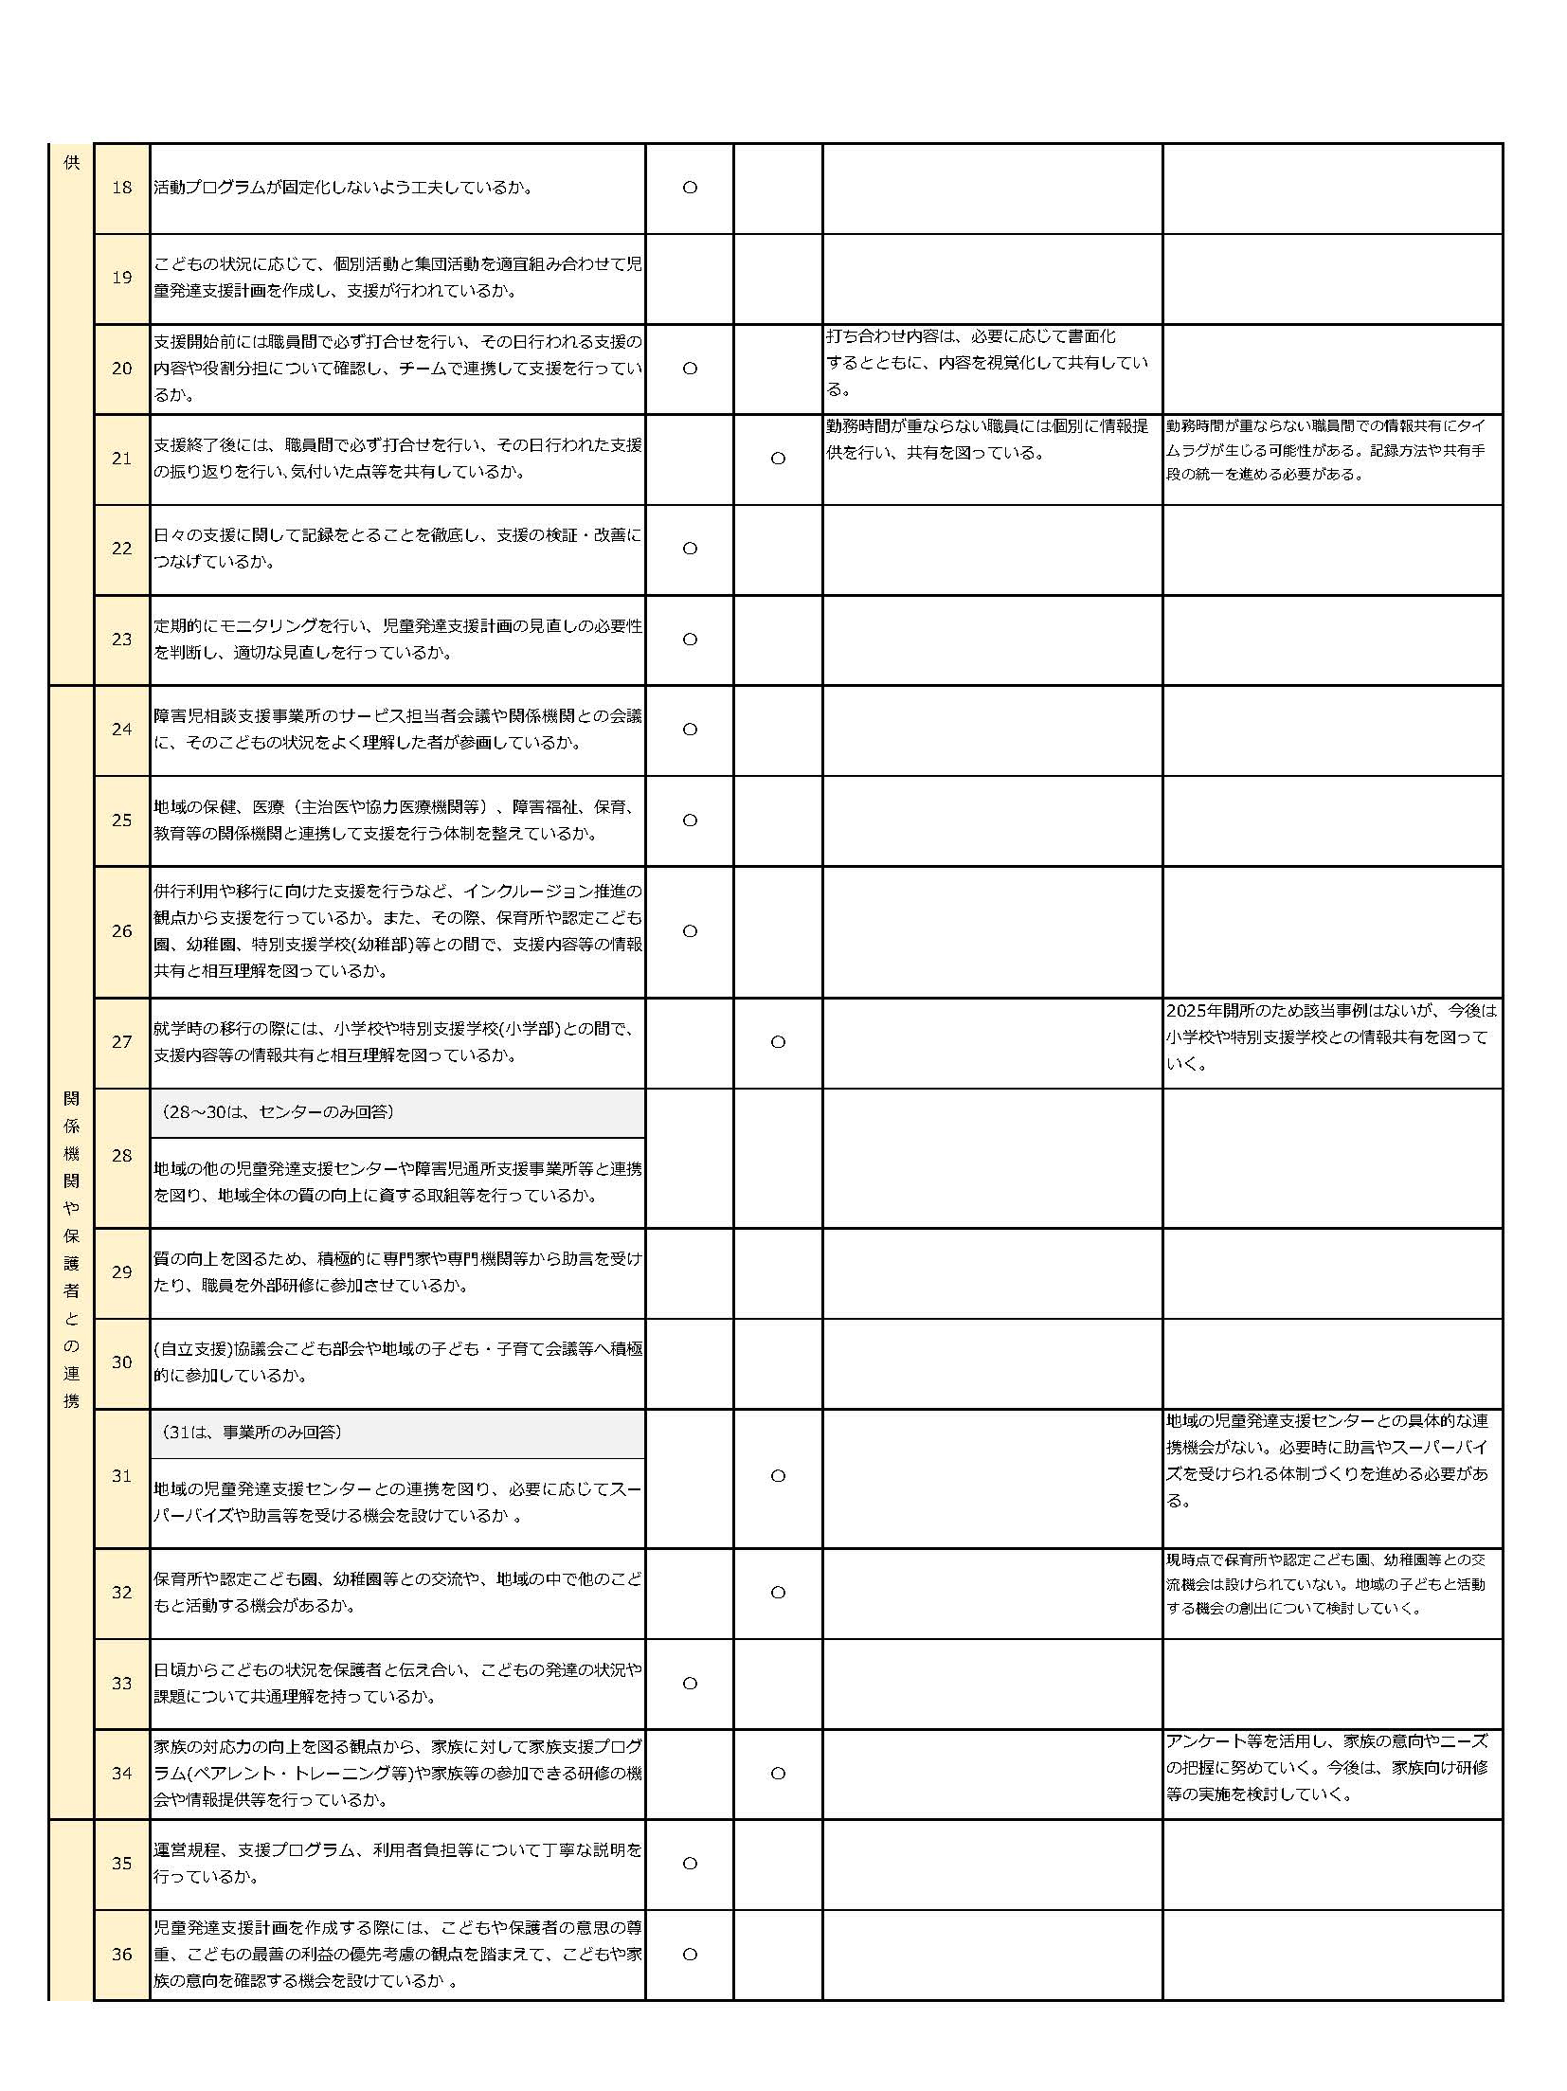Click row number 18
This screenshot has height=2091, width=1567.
pos(122,188)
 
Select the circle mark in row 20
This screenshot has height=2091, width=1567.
pos(690,369)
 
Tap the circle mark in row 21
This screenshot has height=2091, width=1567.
pos(778,459)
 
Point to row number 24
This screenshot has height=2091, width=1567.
pos(122,730)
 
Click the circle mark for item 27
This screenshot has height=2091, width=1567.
pos(778,1042)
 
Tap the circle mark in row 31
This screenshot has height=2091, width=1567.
pos(778,1476)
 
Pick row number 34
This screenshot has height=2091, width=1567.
pos(122,1774)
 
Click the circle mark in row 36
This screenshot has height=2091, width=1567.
pos(690,1954)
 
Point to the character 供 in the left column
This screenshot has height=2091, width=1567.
pos(71,163)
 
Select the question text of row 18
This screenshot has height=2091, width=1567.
pos(343,188)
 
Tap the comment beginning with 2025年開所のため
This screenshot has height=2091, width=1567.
pos(1331,1036)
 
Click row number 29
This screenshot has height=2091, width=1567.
pos(122,1272)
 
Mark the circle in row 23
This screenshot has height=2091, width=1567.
pos(690,640)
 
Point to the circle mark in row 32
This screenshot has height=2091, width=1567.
pos(778,1593)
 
